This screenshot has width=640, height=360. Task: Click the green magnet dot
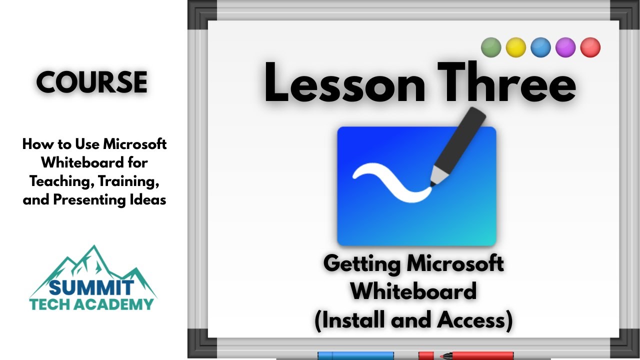point(491,47)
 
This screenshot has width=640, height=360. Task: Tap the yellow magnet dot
point(515,47)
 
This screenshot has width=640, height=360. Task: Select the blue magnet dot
point(540,47)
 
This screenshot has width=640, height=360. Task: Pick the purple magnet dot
point(565,47)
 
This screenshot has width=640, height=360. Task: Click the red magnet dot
point(590,47)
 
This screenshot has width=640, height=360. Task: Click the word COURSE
point(91,82)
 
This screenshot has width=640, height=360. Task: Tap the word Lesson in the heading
point(345,83)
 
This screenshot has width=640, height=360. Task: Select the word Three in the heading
point(507,82)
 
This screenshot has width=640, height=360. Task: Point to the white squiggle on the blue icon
point(392,183)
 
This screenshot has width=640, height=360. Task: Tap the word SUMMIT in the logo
point(91,287)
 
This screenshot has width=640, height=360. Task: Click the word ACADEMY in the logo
point(116,304)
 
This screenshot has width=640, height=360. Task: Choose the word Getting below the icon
point(362,265)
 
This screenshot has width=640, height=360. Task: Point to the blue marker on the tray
point(355,355)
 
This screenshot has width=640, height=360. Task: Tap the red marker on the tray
point(466,355)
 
